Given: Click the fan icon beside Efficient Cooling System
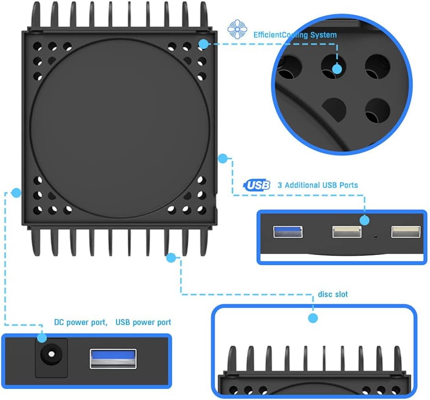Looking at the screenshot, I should [x=237, y=29].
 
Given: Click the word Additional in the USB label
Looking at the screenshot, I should [x=302, y=185].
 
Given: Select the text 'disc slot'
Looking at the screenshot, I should [x=333, y=294].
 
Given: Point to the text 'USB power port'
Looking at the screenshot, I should [x=143, y=322].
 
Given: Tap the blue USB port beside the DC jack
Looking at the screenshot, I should [x=113, y=358].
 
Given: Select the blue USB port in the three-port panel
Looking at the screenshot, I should [x=288, y=232].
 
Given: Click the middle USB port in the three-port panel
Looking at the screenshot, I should [x=347, y=232].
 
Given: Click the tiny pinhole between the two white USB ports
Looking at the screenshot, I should [x=376, y=236].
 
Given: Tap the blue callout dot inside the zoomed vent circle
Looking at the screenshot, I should [x=337, y=69].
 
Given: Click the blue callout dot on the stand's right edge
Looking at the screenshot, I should [x=223, y=159].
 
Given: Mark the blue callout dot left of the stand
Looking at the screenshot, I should [x=16, y=192].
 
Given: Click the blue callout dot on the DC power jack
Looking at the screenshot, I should [x=42, y=338].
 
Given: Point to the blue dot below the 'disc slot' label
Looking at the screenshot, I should [x=313, y=318].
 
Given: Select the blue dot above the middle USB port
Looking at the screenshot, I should [x=364, y=220].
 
